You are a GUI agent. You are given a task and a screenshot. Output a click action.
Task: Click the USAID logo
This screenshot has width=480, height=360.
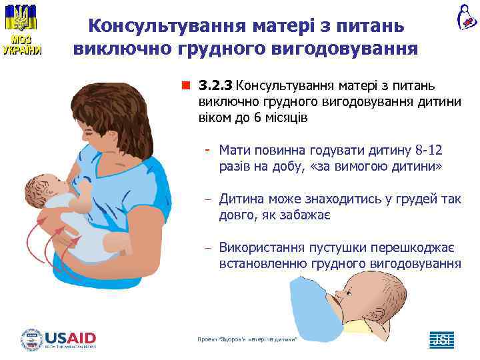[x=59, y=339]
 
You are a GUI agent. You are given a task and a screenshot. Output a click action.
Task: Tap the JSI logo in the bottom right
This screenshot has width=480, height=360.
[x=441, y=339]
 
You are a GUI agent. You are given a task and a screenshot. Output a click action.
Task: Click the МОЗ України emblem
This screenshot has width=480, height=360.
[x=22, y=30]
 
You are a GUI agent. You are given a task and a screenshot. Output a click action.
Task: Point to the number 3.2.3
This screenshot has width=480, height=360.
[x=216, y=86]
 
